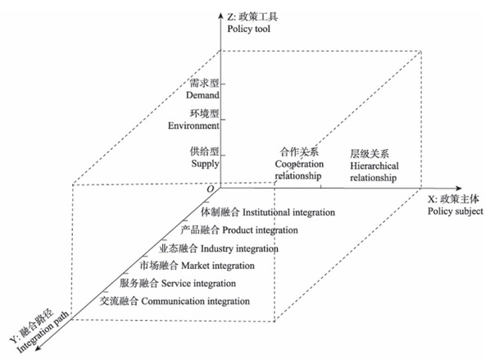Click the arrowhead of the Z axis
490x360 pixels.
click(220, 16)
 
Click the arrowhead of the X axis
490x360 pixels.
click(458, 189)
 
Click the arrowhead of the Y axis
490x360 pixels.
click(38, 348)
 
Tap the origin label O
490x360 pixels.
click(211, 189)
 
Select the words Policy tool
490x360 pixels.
click(249, 29)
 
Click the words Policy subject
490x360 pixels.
click(456, 212)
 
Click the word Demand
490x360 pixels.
click(202, 95)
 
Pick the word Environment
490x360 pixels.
click(193, 125)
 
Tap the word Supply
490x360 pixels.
click(205, 164)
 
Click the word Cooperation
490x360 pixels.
click(299, 164)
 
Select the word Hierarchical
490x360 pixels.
click(374, 166)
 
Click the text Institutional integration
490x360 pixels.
click(288, 212)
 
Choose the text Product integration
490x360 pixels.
click(260, 230)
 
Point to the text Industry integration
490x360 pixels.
click(239, 248)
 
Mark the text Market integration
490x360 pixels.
click(218, 266)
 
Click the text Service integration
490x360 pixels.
click(198, 284)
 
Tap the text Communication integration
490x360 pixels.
click(196, 301)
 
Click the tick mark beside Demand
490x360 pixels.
click(223, 84)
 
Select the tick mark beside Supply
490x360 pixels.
click(223, 155)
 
